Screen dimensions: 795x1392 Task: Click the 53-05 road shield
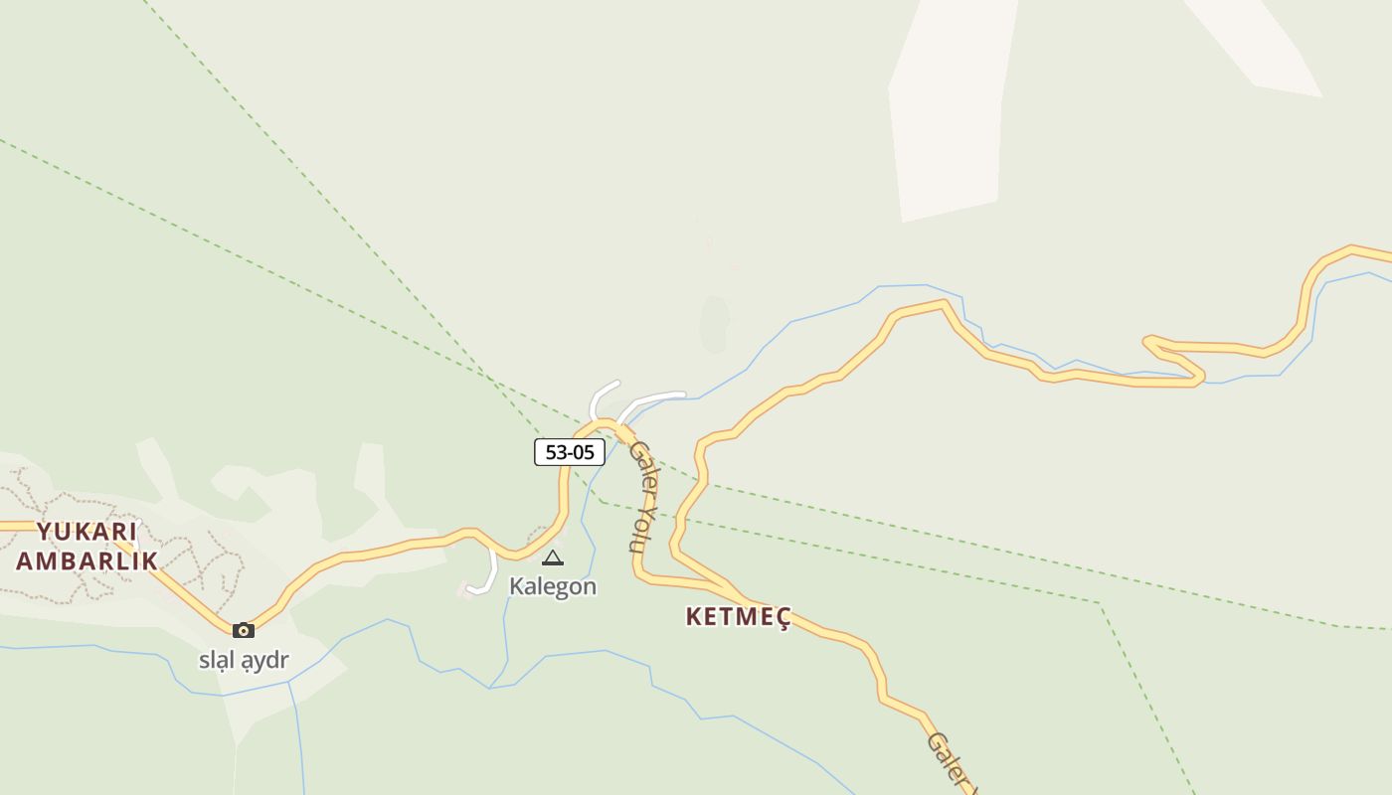[x=570, y=452]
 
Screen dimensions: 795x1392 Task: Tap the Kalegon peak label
[x=553, y=586]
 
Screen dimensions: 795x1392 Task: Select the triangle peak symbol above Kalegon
[x=553, y=558]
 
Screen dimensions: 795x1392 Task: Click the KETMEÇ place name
[x=738, y=617]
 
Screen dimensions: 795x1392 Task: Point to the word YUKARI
[x=87, y=531]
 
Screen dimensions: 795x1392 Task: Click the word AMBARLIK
[x=87, y=560]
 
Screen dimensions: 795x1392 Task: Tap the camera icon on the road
[x=244, y=630]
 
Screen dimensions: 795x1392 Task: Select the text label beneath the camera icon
[x=244, y=660]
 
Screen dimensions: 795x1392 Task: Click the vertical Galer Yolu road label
[x=643, y=496]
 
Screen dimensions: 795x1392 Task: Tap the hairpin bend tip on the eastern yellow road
[x=1148, y=342]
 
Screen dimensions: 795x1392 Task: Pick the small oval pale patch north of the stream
[x=714, y=324]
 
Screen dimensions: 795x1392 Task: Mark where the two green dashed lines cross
[x=491, y=379]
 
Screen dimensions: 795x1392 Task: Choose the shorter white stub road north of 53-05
[x=600, y=397]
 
